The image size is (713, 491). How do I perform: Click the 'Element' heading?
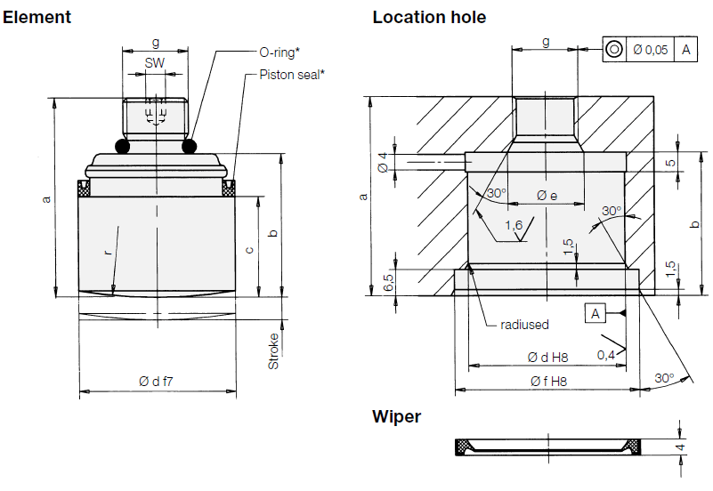(x=37, y=17)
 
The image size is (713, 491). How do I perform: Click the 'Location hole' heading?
(x=429, y=17)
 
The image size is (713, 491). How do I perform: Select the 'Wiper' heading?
(x=396, y=416)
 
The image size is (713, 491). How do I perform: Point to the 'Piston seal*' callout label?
(x=291, y=75)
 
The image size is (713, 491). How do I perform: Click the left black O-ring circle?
(x=122, y=145)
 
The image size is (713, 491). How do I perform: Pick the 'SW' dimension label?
(x=155, y=64)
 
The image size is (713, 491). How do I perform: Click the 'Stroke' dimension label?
(x=273, y=350)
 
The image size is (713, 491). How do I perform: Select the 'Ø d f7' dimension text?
(x=156, y=381)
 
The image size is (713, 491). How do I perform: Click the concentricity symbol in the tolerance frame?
(x=614, y=50)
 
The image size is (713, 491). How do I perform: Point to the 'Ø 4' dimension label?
(x=383, y=162)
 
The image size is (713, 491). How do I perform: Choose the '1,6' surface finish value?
(x=513, y=225)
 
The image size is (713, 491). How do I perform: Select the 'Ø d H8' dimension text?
(x=547, y=357)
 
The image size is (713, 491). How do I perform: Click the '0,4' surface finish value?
(x=606, y=355)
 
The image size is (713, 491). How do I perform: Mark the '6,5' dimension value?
(x=388, y=283)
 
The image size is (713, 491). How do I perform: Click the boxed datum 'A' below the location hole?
(x=596, y=312)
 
